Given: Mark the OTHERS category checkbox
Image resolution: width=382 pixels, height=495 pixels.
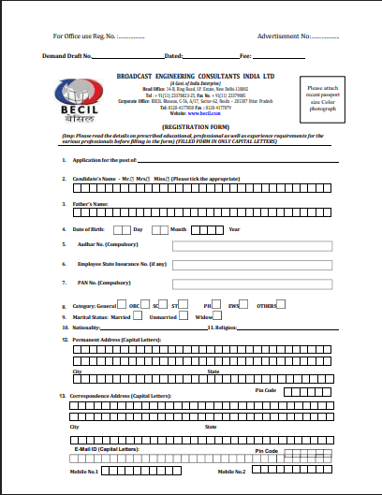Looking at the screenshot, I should point(282,304).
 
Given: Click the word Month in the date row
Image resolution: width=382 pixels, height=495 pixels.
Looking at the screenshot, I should point(179,229).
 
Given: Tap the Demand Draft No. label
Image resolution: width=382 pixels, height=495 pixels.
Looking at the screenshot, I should point(68,57).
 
